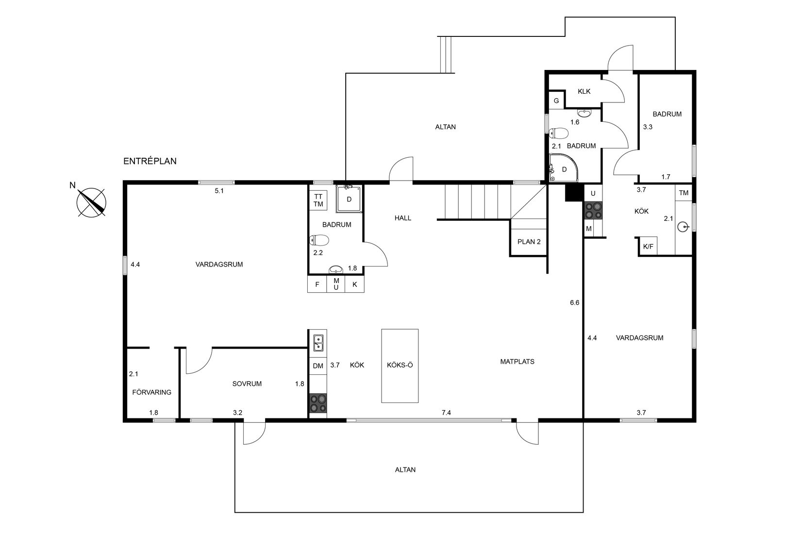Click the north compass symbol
(x=92, y=202)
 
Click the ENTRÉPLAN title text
(x=150, y=162)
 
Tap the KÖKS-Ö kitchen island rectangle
(x=400, y=366)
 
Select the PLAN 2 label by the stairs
(x=529, y=242)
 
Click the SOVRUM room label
(x=247, y=384)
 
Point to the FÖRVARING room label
(x=152, y=392)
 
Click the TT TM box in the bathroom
(x=318, y=200)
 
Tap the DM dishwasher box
(x=318, y=366)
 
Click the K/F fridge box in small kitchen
(x=648, y=247)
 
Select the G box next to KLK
(x=556, y=101)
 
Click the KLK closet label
(x=584, y=91)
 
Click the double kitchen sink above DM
(x=318, y=343)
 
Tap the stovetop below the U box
(x=593, y=210)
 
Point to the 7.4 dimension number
(x=446, y=413)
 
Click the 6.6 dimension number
(x=574, y=302)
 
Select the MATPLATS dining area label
(x=517, y=362)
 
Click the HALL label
(x=402, y=218)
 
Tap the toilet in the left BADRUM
(x=319, y=240)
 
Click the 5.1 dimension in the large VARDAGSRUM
(x=219, y=191)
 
